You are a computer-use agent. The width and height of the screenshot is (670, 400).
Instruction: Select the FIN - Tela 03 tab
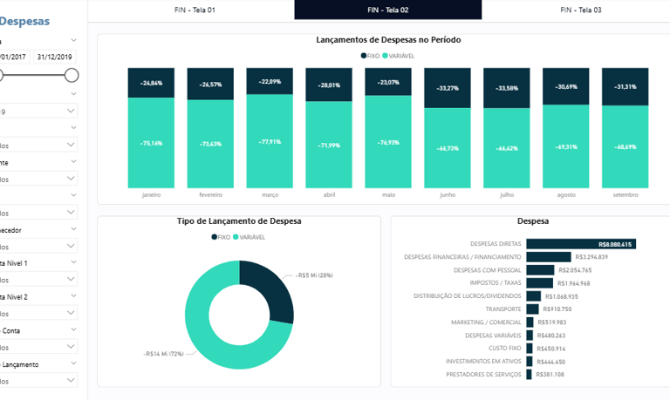click(580, 10)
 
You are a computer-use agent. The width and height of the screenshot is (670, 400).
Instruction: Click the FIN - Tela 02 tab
click(388, 10)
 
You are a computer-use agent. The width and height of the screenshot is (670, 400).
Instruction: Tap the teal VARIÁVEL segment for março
click(270, 139)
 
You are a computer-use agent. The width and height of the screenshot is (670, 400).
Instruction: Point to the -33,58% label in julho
click(507, 88)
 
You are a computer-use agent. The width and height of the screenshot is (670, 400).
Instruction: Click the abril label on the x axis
click(328, 195)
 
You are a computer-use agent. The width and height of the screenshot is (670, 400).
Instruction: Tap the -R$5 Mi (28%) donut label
click(314, 275)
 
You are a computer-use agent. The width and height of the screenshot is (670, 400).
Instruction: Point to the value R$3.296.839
click(591, 257)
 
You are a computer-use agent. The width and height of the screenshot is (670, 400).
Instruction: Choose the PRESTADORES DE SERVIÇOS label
click(483, 374)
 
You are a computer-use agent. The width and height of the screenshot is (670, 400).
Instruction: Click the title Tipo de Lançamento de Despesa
click(238, 221)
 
